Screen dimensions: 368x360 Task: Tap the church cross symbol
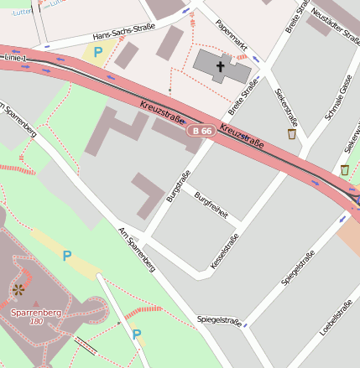point(222,65)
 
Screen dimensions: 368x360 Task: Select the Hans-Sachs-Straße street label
point(124,36)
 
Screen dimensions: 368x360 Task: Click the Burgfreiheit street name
point(211,204)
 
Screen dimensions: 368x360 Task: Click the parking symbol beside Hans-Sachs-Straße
point(98,52)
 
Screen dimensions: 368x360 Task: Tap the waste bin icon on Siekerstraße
point(291,133)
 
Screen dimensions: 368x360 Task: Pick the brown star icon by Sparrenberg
point(18,290)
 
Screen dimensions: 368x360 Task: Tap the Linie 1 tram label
point(14,57)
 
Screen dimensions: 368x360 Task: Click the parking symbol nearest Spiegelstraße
point(136,334)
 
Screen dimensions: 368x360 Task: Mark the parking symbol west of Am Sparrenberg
point(67,256)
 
